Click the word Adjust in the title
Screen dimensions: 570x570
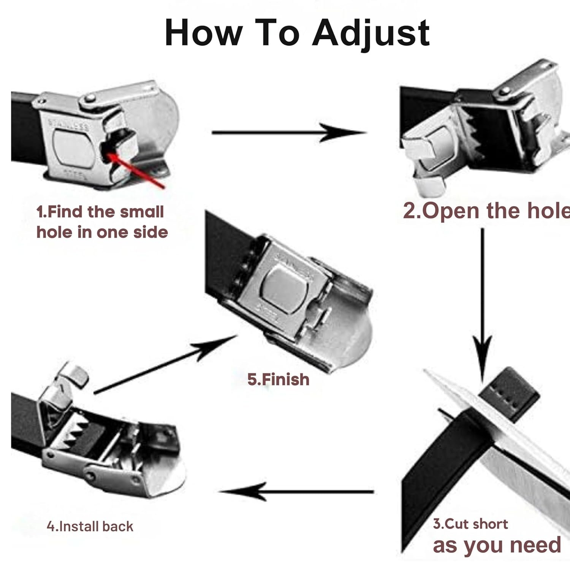[x=370, y=33]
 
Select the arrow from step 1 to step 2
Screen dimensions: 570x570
[x=289, y=133]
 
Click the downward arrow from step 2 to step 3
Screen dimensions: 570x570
[x=482, y=304]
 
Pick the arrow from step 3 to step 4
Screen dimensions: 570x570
[x=296, y=492]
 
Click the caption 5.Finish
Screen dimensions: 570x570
[x=278, y=380]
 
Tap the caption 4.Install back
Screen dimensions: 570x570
[x=90, y=526]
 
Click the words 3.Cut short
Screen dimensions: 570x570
[x=470, y=524]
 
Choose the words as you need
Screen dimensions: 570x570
[x=497, y=545]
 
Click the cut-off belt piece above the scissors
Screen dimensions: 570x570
[x=508, y=395]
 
